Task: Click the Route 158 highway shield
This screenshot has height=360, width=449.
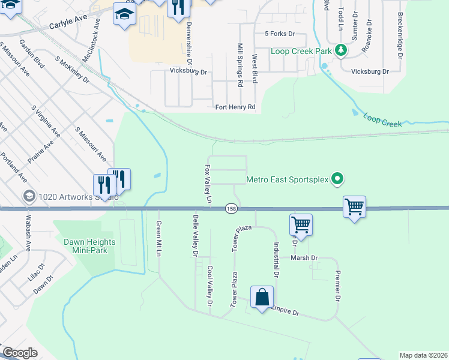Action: [231, 208]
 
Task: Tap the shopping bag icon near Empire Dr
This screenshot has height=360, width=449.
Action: [262, 297]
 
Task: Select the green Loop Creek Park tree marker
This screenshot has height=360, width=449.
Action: [341, 50]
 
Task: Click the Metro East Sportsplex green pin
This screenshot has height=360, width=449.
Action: [337, 178]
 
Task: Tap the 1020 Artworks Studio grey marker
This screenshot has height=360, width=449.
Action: [28, 196]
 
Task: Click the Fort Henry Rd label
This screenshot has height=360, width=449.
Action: [235, 107]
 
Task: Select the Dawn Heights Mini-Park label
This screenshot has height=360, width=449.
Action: [85, 246]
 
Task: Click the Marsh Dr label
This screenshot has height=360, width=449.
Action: [304, 258]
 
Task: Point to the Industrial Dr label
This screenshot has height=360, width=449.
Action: [276, 259]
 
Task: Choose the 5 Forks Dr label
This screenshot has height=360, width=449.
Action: [276, 35]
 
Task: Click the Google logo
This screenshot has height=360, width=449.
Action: [20, 353]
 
